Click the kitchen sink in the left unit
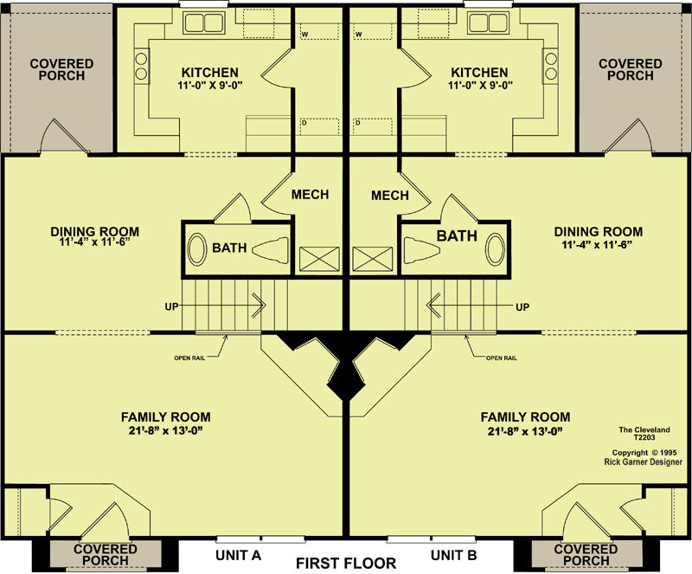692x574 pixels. pyautogui.click(x=204, y=23)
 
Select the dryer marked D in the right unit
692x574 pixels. pyautogui.click(x=373, y=126)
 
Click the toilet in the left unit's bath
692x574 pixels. pyautogui.click(x=271, y=250)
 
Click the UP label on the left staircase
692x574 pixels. pyautogui.click(x=171, y=306)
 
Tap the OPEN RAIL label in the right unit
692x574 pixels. pyautogui.click(x=502, y=358)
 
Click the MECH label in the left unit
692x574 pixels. pyautogui.click(x=311, y=195)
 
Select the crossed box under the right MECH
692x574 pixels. pyautogui.click(x=373, y=259)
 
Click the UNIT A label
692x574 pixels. pyautogui.click(x=239, y=555)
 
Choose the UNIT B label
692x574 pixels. pyautogui.click(x=453, y=555)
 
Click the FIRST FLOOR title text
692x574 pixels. pyautogui.click(x=346, y=564)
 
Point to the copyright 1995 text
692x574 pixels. pyautogui.click(x=644, y=453)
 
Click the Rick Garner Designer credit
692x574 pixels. pyautogui.click(x=643, y=461)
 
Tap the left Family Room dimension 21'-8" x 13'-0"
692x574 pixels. pyautogui.click(x=166, y=431)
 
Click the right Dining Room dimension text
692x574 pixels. pyautogui.click(x=598, y=244)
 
